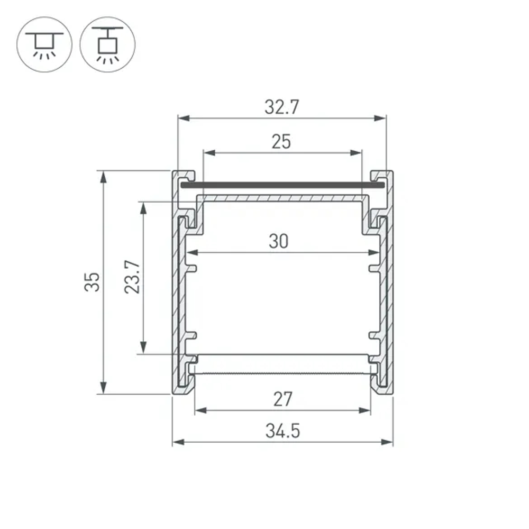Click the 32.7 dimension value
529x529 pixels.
[x=281, y=107]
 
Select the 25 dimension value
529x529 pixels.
[x=281, y=142]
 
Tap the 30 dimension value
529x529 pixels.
[x=279, y=241]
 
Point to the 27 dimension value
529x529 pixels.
[x=282, y=399]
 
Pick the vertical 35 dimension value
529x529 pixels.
[x=93, y=281]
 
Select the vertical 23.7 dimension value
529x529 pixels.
[x=132, y=277]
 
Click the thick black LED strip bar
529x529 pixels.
[x=281, y=186]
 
